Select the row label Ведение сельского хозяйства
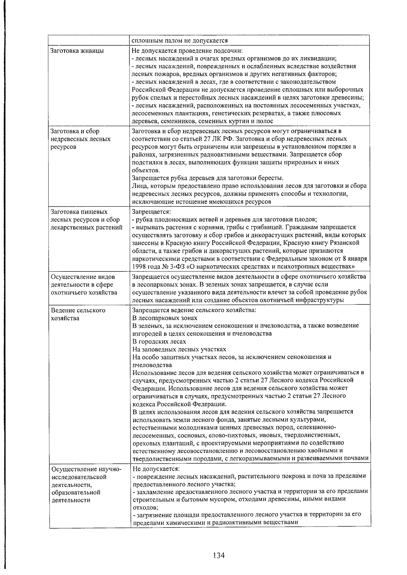tap(78, 314)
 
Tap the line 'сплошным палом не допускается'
tap(179, 41)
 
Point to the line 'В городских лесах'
tap(159, 342)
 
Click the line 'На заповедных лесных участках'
tap(179, 349)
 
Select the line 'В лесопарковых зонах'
tap(164, 318)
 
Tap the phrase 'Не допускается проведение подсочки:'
tap(187, 51)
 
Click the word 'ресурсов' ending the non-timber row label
tap(63, 147)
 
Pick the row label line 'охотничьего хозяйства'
tap(84, 292)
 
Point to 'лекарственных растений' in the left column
tap(86, 227)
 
